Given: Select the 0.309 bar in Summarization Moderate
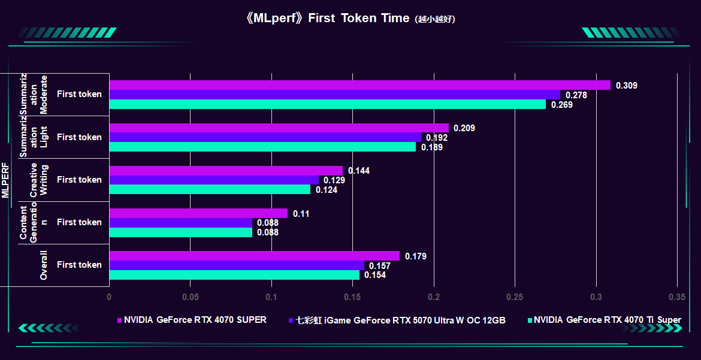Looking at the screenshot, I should click(x=359, y=85).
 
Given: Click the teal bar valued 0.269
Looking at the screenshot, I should click(x=327, y=104).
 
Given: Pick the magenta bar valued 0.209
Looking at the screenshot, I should click(x=279, y=128).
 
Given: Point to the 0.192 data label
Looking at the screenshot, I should click(x=437, y=138).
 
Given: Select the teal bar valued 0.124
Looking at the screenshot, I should click(x=210, y=189).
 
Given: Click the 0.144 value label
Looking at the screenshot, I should click(x=359, y=171).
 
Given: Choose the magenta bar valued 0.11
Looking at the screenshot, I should click(x=198, y=213).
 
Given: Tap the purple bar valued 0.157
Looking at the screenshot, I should click(x=237, y=265).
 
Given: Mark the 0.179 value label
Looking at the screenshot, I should click(x=416, y=256).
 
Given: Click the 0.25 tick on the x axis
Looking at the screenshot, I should click(x=515, y=297).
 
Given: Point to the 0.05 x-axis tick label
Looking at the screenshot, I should click(x=191, y=297).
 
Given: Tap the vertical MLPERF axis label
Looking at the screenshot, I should click(x=5, y=180).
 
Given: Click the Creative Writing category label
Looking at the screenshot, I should click(x=38, y=180).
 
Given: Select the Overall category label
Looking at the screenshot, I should click(x=43, y=265).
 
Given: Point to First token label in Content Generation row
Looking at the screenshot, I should click(x=79, y=222).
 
